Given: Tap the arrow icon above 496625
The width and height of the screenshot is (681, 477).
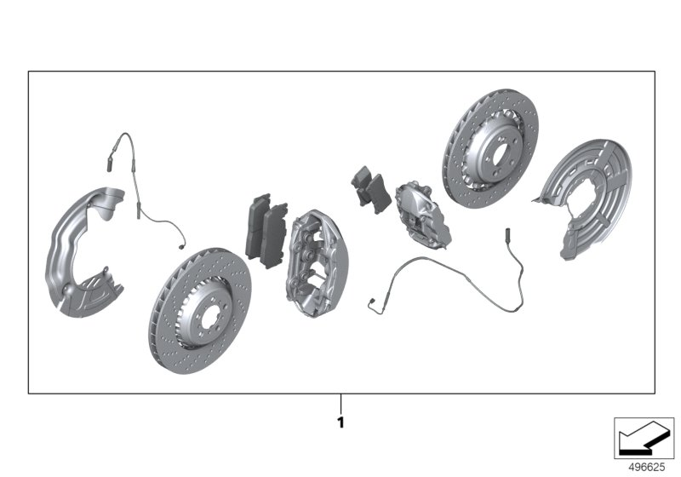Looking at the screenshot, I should click(645, 438).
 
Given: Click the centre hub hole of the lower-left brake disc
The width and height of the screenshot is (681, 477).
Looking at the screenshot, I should click(197, 310).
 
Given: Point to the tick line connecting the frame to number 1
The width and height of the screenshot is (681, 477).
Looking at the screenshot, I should click(340, 402).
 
